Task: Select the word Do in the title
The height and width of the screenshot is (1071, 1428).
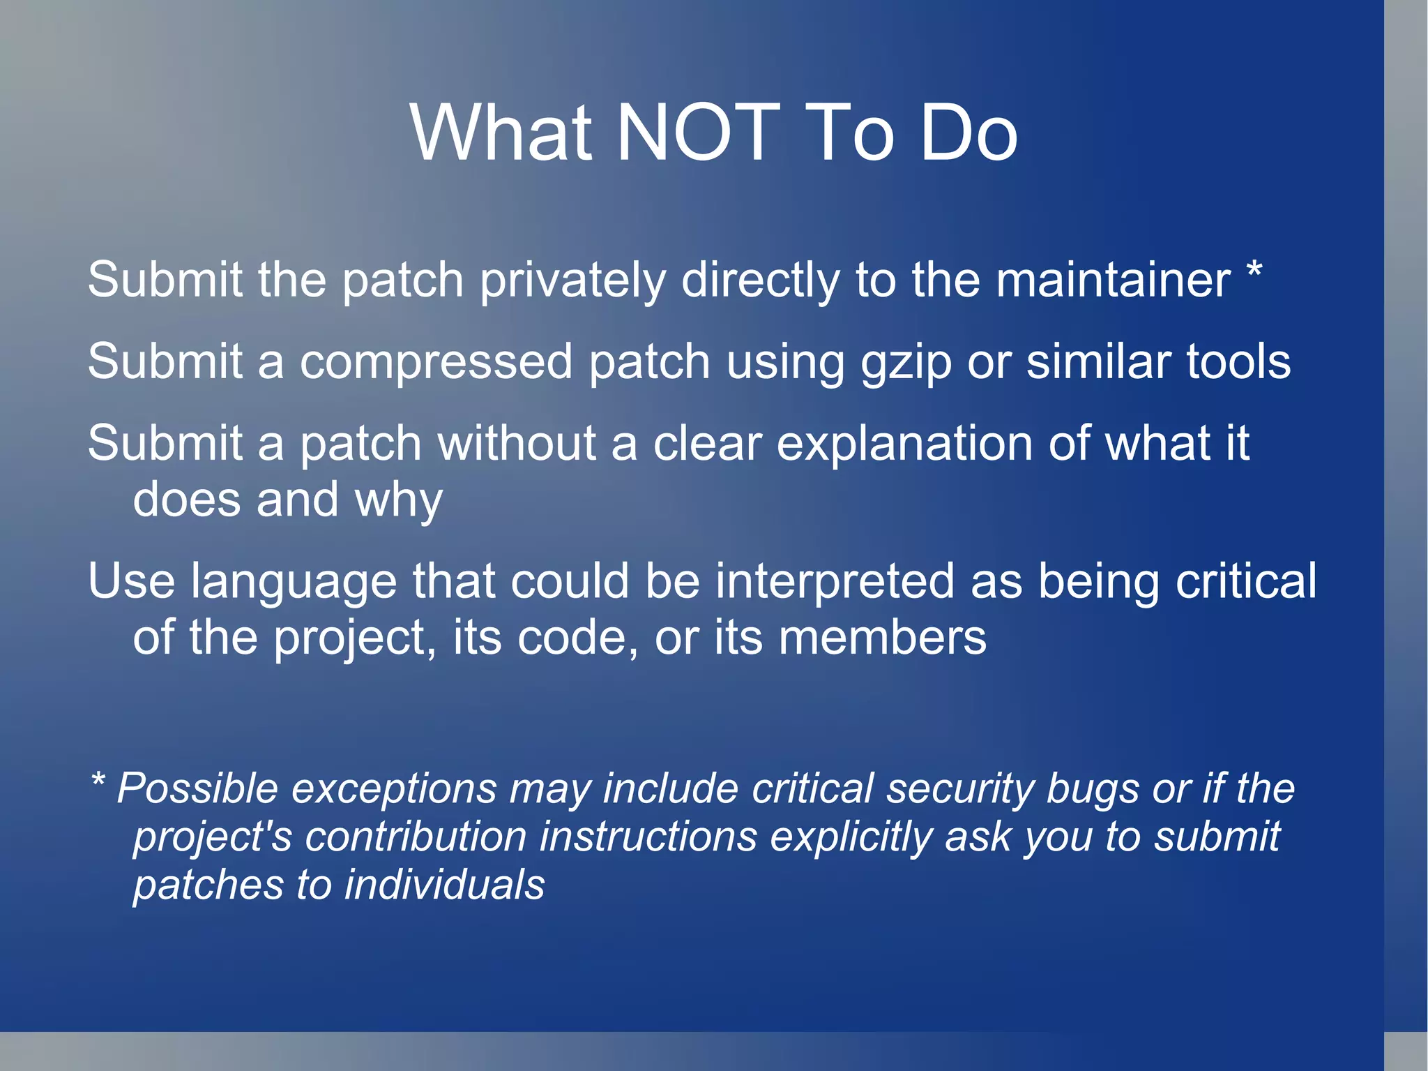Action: tap(969, 133)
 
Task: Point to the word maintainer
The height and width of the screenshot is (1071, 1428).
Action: tap(1113, 280)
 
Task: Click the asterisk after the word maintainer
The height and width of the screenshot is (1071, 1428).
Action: tap(1254, 271)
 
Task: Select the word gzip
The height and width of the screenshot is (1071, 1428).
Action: tap(906, 364)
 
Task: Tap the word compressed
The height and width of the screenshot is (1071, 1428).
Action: tap(436, 362)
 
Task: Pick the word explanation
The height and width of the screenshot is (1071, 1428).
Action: tap(904, 444)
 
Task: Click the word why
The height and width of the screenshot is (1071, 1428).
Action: tap(398, 501)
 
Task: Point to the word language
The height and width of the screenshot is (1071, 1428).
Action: tap(294, 583)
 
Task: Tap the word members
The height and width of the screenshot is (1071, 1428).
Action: tap(882, 638)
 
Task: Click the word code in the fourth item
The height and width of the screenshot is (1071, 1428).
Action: tap(577, 638)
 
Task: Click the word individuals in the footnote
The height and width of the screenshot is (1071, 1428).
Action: tap(444, 885)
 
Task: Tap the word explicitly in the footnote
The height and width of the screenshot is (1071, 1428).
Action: tap(851, 838)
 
